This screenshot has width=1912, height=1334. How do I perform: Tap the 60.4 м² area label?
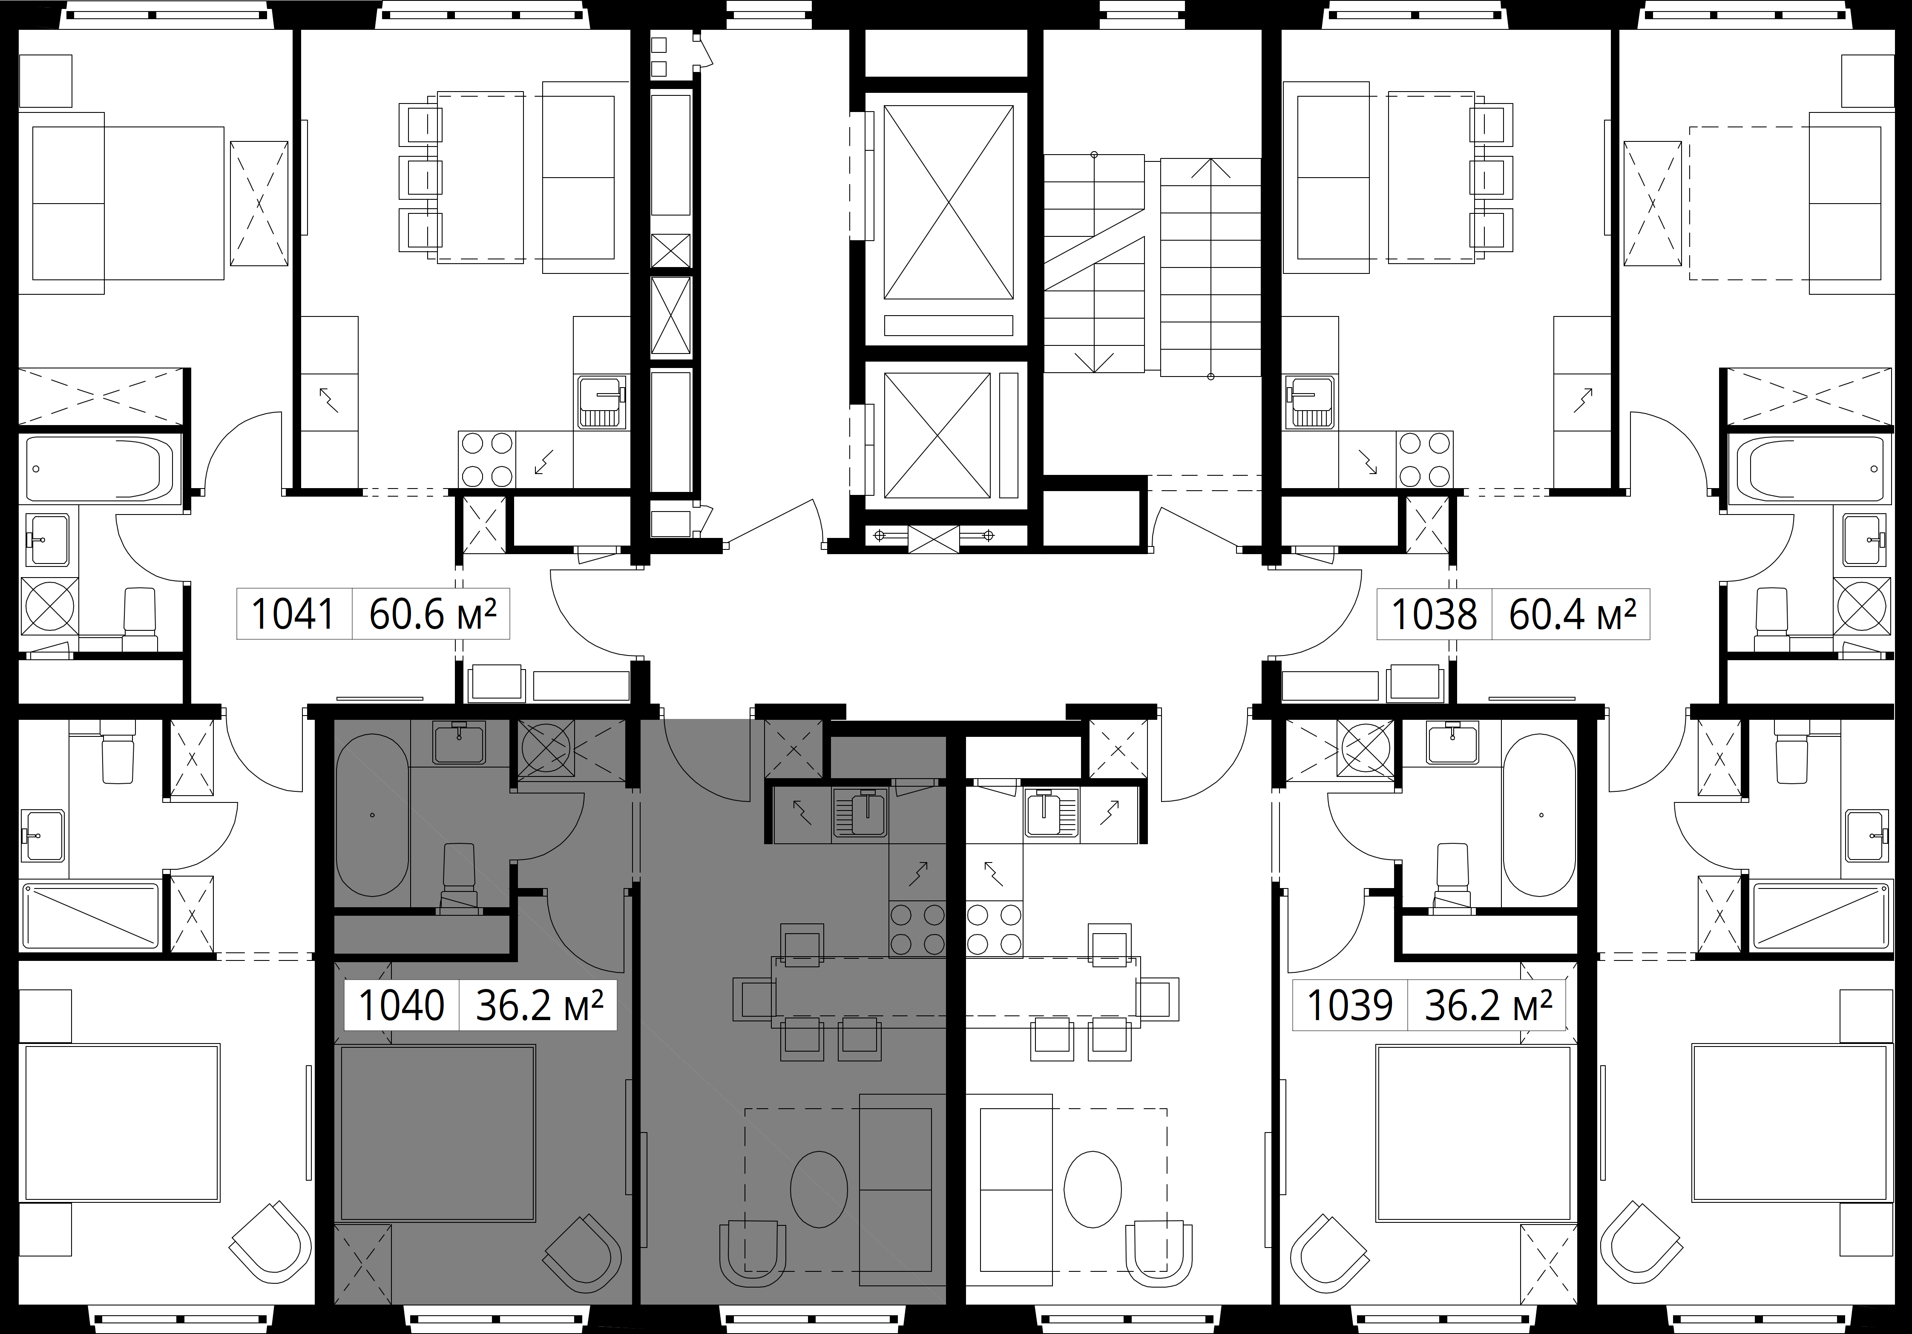pos(1572,615)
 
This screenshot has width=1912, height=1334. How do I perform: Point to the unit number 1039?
pos(1350,1006)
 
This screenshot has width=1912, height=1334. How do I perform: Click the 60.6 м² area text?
pos(433,615)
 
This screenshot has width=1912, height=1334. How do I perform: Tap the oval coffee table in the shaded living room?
pos(819,1189)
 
